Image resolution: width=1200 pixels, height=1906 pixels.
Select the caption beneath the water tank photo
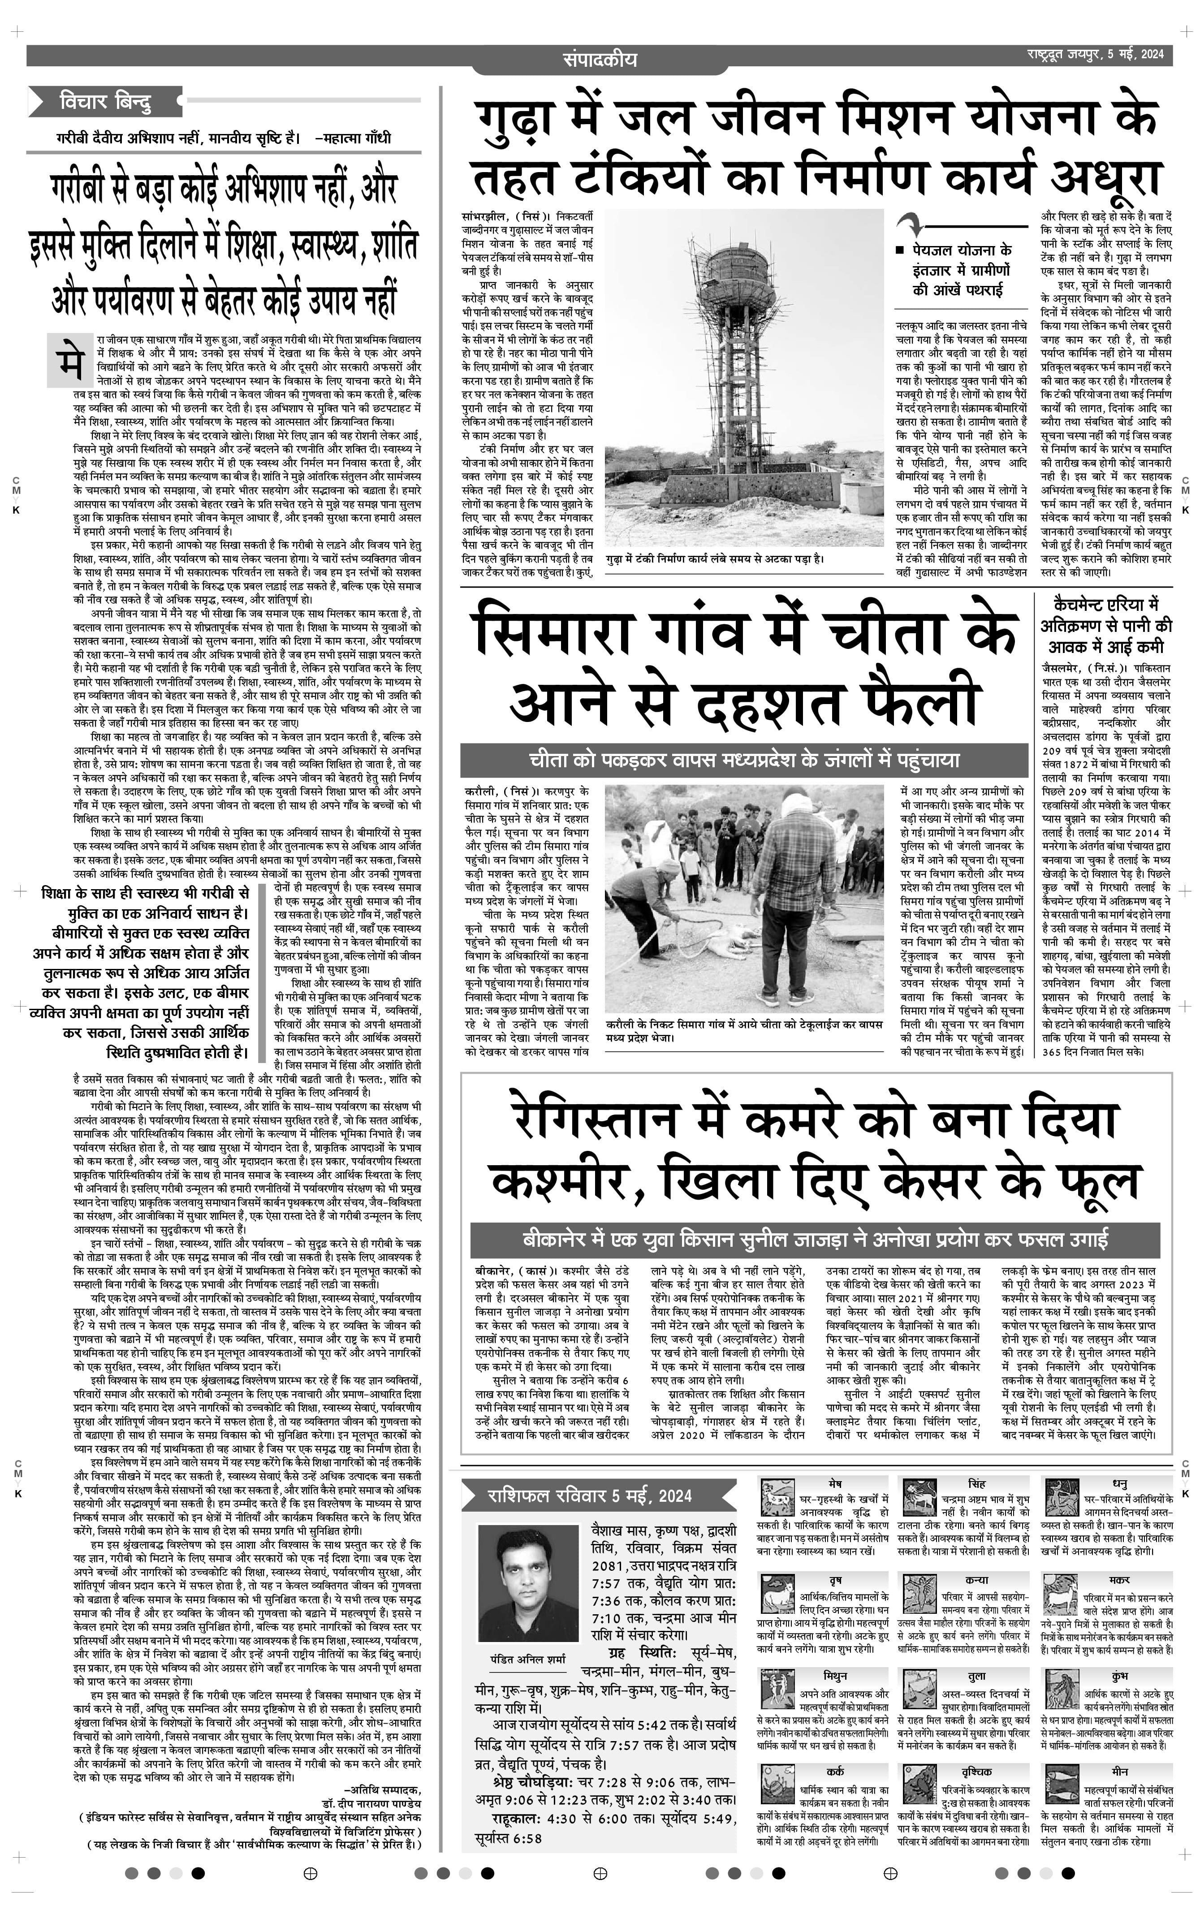[x=715, y=558]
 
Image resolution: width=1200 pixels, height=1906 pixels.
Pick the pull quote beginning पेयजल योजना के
[x=962, y=269]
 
